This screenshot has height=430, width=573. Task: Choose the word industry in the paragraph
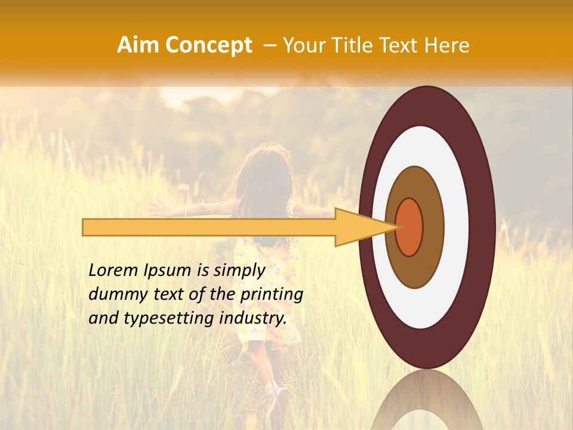pyautogui.click(x=253, y=318)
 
